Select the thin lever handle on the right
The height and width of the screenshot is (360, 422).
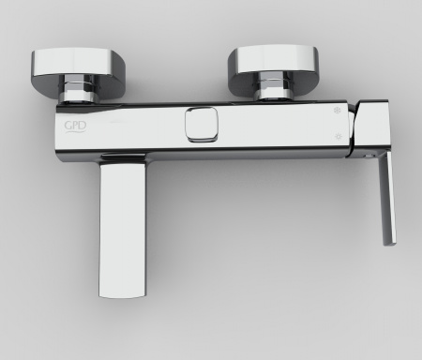(x=386, y=202)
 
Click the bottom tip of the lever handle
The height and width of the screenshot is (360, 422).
(x=387, y=244)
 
